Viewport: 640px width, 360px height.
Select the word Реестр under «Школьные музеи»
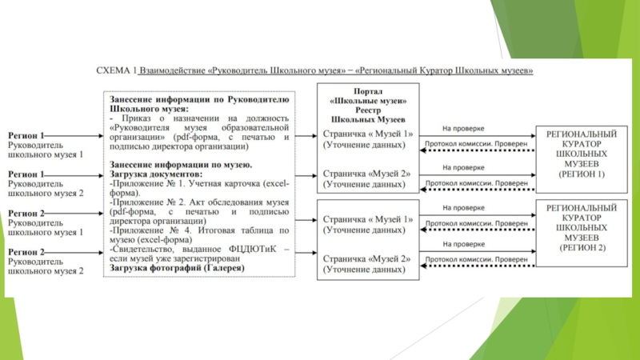point(370,110)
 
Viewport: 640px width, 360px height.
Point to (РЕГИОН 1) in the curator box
point(582,173)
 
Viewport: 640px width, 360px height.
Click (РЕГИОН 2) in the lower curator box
point(582,248)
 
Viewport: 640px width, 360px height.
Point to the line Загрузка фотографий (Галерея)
point(172,268)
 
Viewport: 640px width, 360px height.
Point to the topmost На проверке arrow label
point(463,127)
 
